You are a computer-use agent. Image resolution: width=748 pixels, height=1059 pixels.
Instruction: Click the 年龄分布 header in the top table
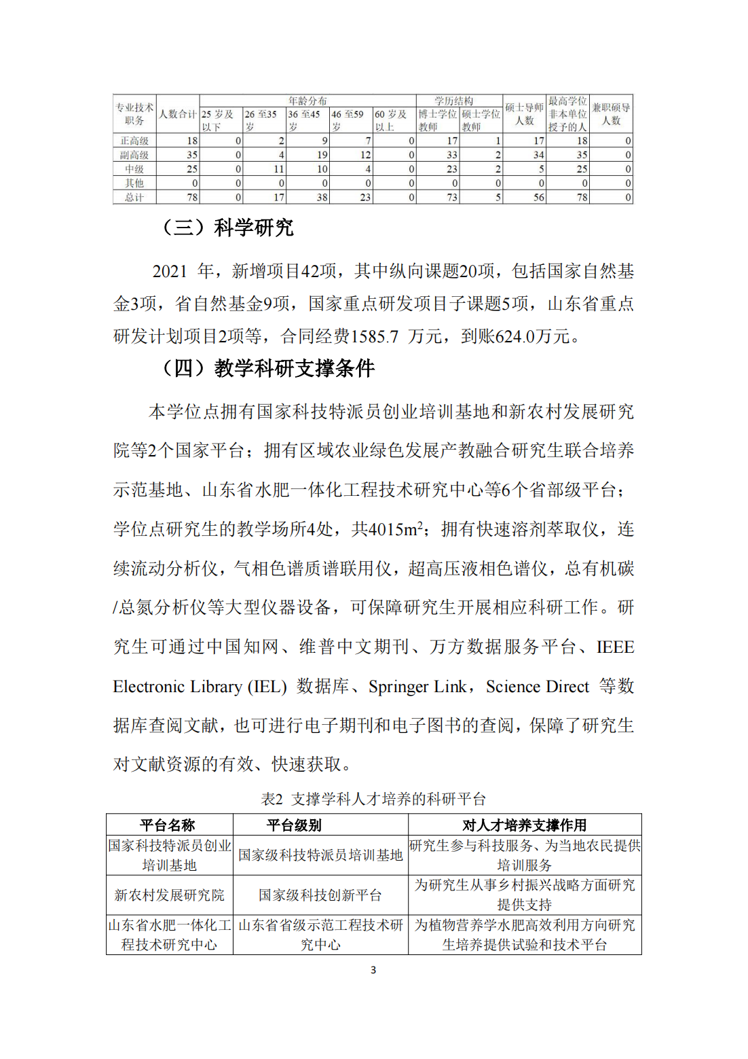(x=307, y=101)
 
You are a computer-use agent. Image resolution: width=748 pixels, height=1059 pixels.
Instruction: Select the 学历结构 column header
(x=454, y=101)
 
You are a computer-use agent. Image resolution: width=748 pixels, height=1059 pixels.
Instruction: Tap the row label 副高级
(x=134, y=155)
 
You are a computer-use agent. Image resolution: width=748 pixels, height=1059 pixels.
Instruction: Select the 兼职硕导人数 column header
(x=611, y=114)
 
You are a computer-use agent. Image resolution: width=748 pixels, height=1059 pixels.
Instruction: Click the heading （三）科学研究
(x=227, y=228)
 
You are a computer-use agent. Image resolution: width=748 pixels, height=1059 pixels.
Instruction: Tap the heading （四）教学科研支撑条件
(x=267, y=368)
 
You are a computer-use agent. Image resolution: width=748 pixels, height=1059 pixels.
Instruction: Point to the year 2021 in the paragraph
(x=170, y=272)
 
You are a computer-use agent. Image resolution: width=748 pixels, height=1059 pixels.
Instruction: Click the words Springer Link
(x=417, y=687)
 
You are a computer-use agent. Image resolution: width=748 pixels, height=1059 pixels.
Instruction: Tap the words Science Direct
(x=538, y=687)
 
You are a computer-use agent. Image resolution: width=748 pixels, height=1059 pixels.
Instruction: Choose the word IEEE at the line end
(x=615, y=647)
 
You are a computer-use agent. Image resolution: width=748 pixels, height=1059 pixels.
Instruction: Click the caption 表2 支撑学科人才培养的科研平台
(x=373, y=799)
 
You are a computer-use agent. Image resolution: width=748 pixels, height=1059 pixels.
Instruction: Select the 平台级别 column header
(x=294, y=825)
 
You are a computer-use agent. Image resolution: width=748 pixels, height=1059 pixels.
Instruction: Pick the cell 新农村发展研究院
(x=169, y=895)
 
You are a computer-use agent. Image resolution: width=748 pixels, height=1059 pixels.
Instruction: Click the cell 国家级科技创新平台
(x=320, y=895)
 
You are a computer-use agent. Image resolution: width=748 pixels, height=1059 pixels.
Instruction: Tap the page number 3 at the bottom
(x=373, y=970)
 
